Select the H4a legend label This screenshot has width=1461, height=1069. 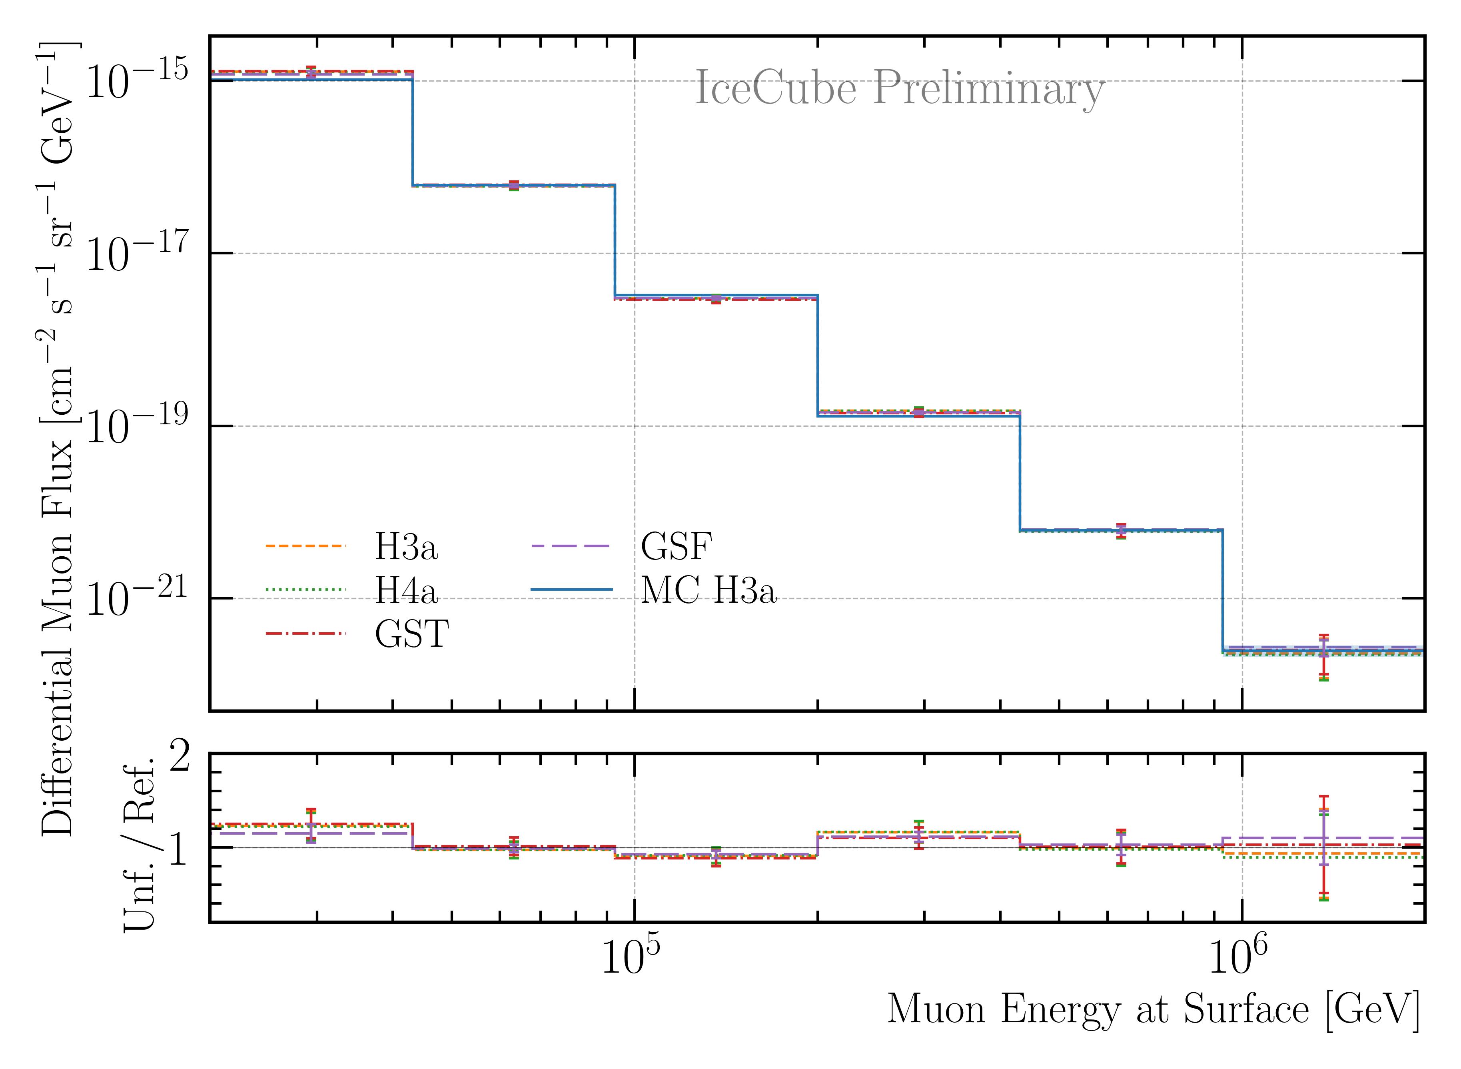[x=406, y=590]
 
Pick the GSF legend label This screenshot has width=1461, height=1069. [x=676, y=547]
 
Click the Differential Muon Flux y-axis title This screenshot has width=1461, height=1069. [x=57, y=440]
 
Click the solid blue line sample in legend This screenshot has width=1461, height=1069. [x=571, y=589]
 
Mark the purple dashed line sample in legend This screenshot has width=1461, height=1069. [x=571, y=546]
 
